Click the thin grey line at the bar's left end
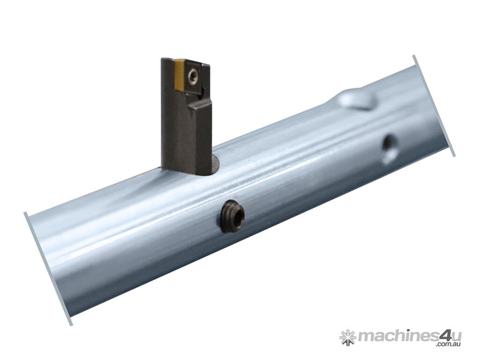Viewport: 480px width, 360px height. pos(48,268)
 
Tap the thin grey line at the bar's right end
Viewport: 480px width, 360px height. pos(434,106)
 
